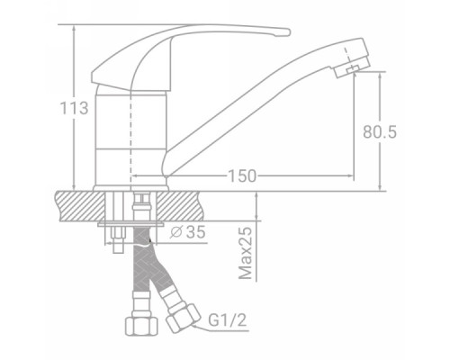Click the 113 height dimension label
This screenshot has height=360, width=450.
(75, 108)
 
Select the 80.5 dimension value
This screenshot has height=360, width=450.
(380, 131)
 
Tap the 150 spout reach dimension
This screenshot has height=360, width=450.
(242, 176)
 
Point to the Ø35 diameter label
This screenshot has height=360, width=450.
(188, 232)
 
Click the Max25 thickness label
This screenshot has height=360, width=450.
(246, 253)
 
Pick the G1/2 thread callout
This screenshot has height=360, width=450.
(228, 319)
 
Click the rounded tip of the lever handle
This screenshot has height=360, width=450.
(286, 32)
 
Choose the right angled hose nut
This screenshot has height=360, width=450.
(184, 318)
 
